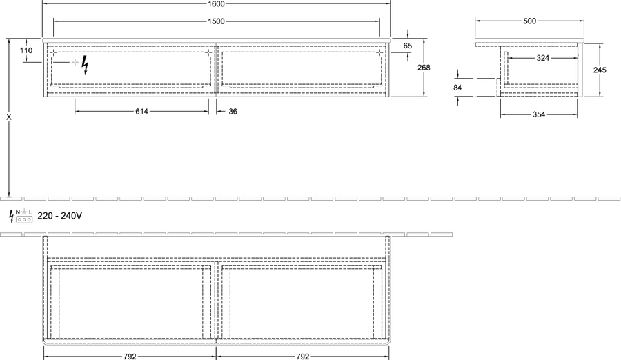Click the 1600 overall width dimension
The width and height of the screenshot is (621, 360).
(216, 4)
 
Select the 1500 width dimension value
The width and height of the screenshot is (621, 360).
(216, 21)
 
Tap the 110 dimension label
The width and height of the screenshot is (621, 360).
(26, 50)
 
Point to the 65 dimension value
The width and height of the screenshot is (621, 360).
(408, 46)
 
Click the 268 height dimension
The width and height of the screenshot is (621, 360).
(424, 68)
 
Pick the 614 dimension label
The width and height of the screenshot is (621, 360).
(141, 112)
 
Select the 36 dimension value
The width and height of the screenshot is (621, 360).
(233, 112)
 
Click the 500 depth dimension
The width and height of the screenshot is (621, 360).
(529, 21)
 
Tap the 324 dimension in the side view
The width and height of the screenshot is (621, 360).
(542, 58)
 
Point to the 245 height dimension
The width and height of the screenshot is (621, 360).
(600, 70)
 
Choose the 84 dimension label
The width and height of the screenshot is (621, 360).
(457, 88)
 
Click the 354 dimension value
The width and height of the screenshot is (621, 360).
(539, 115)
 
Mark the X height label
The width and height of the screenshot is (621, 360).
(9, 117)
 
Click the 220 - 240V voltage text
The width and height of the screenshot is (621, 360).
(60, 216)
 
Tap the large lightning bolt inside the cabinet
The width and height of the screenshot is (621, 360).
(85, 66)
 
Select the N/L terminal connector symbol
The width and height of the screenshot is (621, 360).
(24, 216)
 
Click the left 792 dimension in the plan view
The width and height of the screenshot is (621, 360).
(130, 357)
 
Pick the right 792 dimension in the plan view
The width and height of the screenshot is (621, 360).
(303, 357)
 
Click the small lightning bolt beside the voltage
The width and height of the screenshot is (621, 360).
(12, 217)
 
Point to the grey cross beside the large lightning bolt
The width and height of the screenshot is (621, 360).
(75, 62)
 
